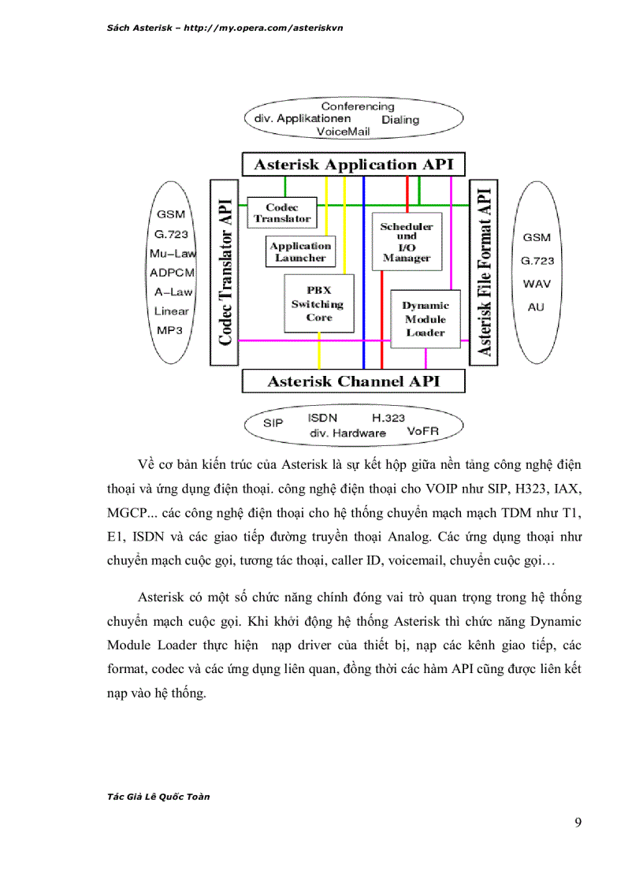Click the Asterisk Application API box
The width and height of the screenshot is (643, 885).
pos(352,165)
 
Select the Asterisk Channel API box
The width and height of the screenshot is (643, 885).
pos(352,381)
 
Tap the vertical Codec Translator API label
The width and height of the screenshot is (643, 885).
pos(225,272)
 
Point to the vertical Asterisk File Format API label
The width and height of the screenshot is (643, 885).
pos(483,272)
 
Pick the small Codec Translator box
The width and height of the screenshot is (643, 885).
pos(281,214)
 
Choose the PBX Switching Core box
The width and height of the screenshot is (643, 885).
pos(319,304)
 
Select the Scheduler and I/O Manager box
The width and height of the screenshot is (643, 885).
pos(407,242)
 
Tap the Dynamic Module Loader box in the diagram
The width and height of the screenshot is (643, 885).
pos(426,319)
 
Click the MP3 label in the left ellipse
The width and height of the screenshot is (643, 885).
pos(169,330)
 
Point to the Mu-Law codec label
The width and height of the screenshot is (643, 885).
pos(172,254)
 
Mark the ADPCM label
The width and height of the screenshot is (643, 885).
pos(172,273)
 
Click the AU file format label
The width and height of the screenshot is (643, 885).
pos(536,307)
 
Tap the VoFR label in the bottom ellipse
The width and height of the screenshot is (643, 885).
pos(422,432)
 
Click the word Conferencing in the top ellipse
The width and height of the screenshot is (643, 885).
pos(358,106)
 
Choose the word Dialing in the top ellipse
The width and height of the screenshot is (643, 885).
pos(400,121)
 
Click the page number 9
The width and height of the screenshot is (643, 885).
pos(578,824)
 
